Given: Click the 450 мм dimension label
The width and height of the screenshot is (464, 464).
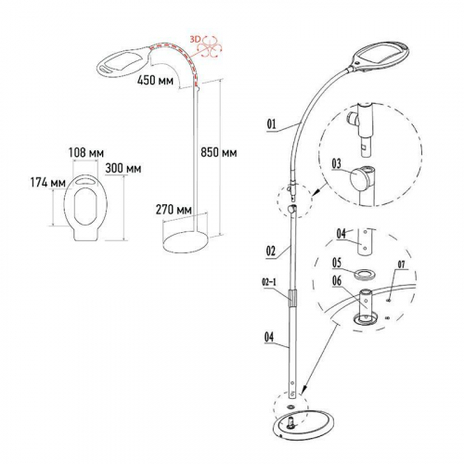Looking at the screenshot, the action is click(156, 81).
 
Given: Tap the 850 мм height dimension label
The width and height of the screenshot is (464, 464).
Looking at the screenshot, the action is click(219, 152).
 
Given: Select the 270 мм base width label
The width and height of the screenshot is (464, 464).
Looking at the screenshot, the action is click(174, 210).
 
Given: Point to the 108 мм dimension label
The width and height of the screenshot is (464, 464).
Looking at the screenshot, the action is click(86, 152).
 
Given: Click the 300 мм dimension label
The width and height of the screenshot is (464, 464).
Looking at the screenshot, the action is click(123, 168).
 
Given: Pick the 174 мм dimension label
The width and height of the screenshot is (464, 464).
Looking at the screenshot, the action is click(48, 183).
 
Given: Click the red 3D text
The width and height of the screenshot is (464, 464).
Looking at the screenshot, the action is click(196, 39).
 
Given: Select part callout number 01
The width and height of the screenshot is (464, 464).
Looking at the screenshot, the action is click(271, 124).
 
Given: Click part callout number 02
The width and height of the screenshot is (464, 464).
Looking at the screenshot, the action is click(270, 251).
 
